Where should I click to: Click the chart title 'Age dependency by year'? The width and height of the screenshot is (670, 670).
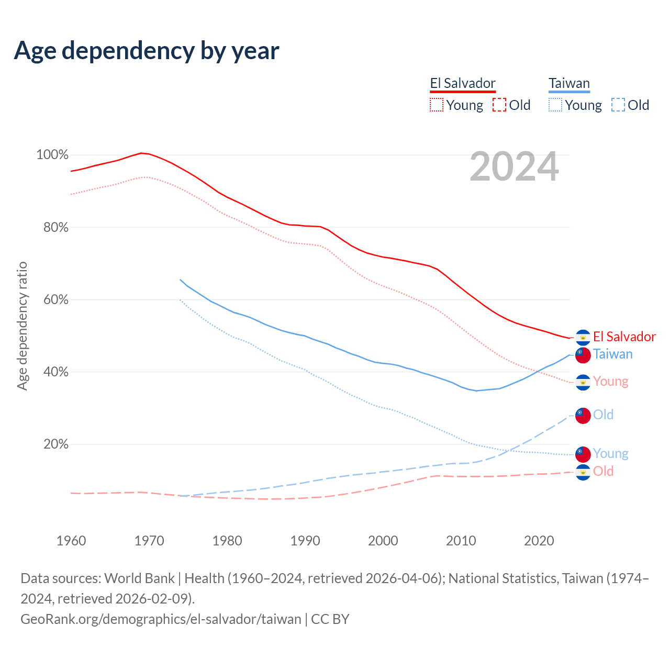click(147, 50)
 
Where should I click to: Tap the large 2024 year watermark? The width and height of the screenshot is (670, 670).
click(514, 166)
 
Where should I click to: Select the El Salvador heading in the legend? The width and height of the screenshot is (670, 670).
click(463, 83)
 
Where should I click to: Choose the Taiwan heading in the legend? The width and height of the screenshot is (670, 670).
click(569, 83)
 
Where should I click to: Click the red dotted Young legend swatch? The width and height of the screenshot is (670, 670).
click(436, 105)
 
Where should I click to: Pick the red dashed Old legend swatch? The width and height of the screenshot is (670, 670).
click(499, 105)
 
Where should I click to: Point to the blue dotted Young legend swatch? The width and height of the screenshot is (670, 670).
click(555, 105)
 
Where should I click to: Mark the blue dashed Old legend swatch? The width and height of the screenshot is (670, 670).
click(618, 105)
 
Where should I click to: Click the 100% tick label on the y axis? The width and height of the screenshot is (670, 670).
click(52, 155)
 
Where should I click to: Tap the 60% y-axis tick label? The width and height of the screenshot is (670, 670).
click(54, 300)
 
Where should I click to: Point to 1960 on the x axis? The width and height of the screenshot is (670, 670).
click(71, 541)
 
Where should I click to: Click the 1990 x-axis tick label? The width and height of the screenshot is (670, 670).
click(305, 541)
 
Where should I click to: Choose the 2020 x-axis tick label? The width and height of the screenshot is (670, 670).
click(539, 541)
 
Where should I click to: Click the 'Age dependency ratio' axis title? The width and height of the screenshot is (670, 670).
click(22, 326)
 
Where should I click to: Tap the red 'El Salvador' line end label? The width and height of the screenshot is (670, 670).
click(624, 337)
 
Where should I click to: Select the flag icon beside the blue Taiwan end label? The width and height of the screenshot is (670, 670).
click(583, 355)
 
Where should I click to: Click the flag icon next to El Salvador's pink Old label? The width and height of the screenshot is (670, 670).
click(583, 472)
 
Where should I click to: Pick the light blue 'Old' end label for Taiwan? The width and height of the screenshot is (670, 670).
click(603, 415)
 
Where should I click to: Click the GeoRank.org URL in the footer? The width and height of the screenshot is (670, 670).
click(161, 619)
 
